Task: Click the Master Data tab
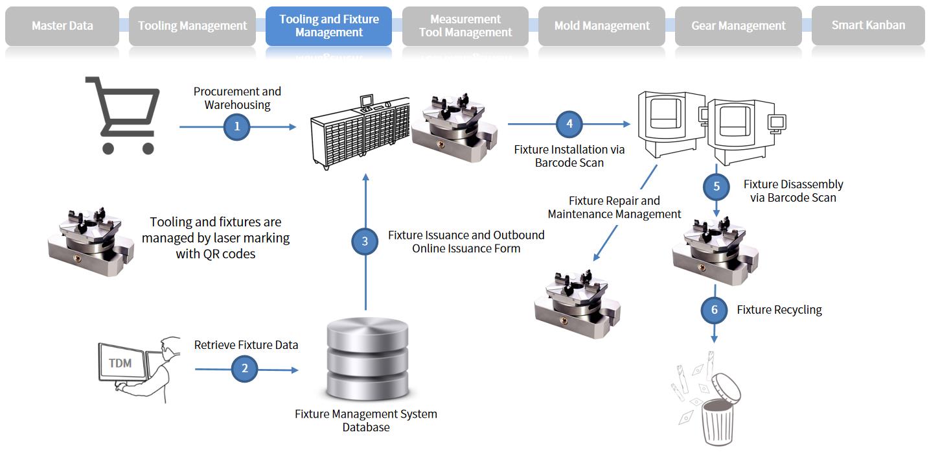62,26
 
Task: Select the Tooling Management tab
192,26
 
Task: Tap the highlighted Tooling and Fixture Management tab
328,26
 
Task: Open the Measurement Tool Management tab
465,26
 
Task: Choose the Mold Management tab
602,26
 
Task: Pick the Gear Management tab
738,26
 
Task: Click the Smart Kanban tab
868,25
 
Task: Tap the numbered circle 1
237,126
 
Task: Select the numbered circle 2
245,370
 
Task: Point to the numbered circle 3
365,242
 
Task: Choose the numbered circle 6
715,310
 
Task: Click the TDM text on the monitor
120,363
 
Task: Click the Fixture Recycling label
779,310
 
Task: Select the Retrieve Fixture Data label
246,345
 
